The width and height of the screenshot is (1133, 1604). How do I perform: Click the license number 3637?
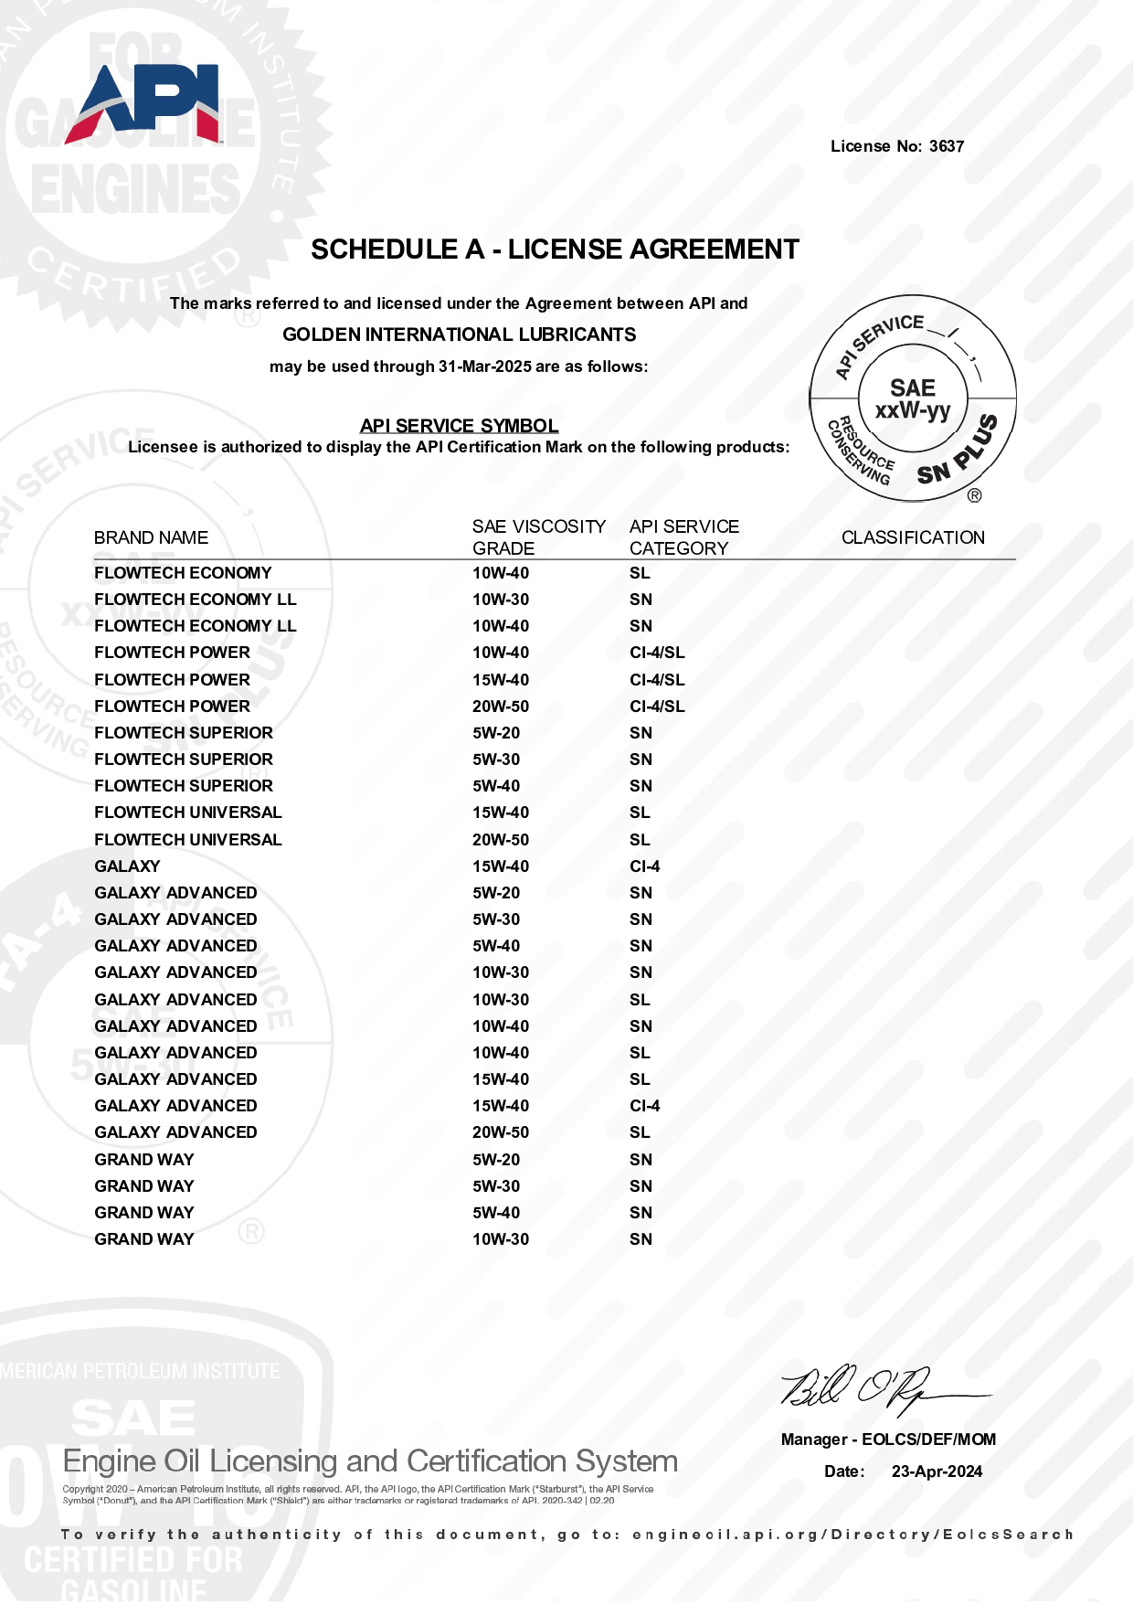click(x=947, y=146)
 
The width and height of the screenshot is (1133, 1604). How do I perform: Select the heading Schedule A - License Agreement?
click(x=555, y=250)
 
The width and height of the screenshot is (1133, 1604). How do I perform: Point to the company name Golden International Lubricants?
click(x=459, y=335)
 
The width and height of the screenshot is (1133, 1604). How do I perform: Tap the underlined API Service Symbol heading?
click(x=459, y=426)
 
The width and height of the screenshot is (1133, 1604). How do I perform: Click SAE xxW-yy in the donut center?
click(x=913, y=399)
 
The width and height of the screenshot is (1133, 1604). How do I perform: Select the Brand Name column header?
click(x=151, y=537)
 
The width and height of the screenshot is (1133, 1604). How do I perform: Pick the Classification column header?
click(x=913, y=537)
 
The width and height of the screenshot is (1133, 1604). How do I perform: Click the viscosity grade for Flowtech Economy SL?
click(x=501, y=573)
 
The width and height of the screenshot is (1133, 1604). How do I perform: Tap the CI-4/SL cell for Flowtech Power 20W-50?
click(x=657, y=706)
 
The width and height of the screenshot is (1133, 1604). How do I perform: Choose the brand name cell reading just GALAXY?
click(x=127, y=866)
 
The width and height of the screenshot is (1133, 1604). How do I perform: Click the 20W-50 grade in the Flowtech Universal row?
click(x=501, y=840)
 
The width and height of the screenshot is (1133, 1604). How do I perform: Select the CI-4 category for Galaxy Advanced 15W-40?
click(x=645, y=1106)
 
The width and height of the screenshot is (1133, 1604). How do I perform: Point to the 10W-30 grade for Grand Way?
click(x=501, y=1239)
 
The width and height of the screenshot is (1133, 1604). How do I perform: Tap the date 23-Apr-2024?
click(x=937, y=1471)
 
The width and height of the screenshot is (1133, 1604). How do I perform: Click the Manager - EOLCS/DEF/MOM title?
click(x=888, y=1439)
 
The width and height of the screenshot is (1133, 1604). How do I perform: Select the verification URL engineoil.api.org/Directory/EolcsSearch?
click(x=852, y=1535)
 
